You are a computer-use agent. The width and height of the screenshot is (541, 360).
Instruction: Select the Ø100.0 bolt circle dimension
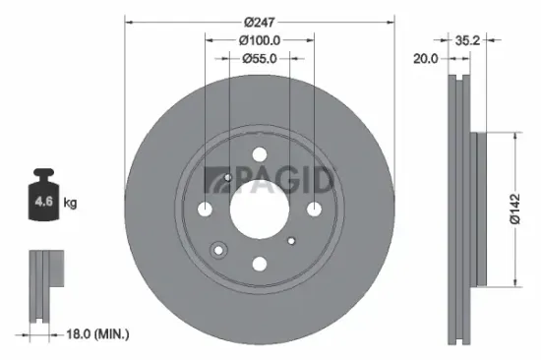(260, 40)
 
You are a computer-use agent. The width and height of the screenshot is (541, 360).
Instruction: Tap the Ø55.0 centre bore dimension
(260, 59)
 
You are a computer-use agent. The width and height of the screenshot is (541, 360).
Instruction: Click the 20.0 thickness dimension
(426, 58)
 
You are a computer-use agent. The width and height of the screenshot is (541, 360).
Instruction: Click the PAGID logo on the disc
(270, 180)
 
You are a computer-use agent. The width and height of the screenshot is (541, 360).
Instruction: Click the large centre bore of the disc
(259, 208)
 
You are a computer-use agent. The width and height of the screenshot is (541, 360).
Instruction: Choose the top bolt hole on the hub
(259, 154)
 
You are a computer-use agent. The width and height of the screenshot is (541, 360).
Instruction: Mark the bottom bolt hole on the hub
(259, 262)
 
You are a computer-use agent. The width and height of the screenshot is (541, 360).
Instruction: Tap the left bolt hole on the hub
(206, 209)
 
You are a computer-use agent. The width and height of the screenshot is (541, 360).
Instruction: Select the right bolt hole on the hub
(313, 209)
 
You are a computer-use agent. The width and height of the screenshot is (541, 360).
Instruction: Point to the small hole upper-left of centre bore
(228, 178)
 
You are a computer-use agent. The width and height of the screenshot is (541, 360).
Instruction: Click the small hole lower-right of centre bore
(290, 239)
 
